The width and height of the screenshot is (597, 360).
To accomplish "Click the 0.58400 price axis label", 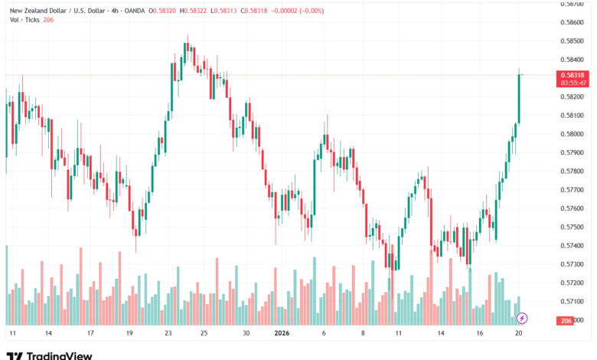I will [x=573, y=59].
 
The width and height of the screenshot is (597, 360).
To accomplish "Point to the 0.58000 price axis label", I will [x=573, y=134].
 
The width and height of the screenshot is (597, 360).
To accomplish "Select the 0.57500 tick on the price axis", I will [x=573, y=227].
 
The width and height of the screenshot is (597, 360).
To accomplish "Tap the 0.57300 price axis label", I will [x=573, y=264].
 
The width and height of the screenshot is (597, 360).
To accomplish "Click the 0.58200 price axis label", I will [x=573, y=97].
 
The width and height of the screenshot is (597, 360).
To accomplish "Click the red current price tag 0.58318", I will [x=573, y=75].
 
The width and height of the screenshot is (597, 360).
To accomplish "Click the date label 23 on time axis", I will [x=168, y=334].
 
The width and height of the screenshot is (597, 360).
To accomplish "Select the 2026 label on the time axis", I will [x=282, y=334].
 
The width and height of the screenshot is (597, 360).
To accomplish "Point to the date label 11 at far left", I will [x=12, y=334].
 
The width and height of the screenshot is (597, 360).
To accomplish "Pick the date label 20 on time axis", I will [x=519, y=334].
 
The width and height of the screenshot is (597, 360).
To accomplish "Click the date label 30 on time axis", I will [x=246, y=334].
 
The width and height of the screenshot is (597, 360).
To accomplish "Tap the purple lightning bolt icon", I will [x=522, y=317].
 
